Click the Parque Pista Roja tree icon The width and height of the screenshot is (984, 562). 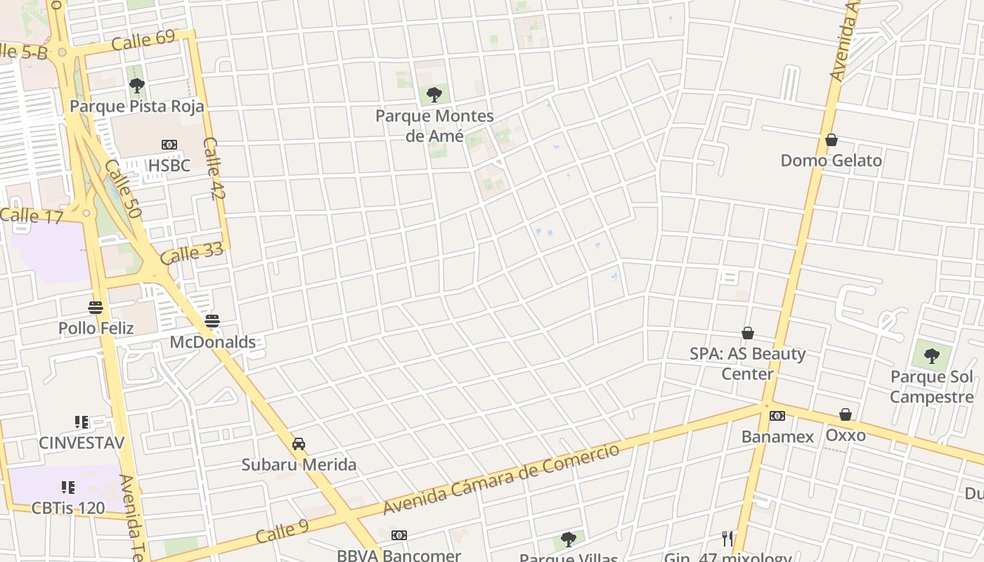click(137, 86)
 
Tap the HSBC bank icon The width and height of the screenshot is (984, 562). click(169, 145)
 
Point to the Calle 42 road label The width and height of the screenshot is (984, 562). click(214, 168)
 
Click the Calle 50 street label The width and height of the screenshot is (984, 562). click(123, 188)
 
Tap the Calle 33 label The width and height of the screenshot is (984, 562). click(192, 253)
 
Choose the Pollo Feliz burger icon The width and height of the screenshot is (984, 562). click(96, 307)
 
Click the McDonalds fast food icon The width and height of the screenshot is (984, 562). click(212, 321)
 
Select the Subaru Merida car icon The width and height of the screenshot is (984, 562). click(299, 444)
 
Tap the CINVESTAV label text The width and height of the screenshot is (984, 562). click(82, 443)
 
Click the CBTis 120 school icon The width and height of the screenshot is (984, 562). click(67, 487)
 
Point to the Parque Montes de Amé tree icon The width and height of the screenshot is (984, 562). click(434, 94)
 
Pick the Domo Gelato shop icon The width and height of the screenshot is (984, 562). click(831, 140)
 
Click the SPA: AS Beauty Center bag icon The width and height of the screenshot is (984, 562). click(748, 333)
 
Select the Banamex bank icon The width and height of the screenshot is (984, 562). click(777, 416)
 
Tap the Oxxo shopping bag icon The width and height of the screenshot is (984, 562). click(846, 415)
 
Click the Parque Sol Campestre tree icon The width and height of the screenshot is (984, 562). click(932, 356)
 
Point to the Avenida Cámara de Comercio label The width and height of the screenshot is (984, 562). click(502, 479)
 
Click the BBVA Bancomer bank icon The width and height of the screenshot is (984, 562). click(399, 535)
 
